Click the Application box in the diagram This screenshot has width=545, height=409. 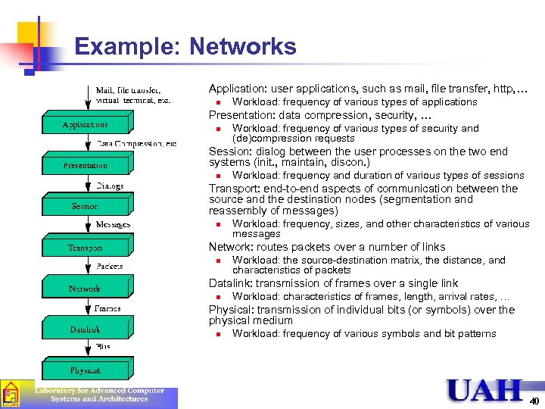(86, 124)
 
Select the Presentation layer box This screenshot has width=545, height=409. (86, 165)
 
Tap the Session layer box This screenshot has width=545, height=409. (86, 206)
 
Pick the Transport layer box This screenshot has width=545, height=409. (86, 247)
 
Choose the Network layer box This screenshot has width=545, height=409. (86, 289)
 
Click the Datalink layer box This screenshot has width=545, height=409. (86, 329)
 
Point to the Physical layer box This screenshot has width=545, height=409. (86, 370)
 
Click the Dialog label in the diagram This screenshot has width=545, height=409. (111, 185)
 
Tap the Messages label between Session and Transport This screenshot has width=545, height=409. (113, 225)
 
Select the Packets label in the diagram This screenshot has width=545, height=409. (110, 266)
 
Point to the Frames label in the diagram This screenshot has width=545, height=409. (108, 308)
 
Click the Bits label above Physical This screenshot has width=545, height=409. (103, 347)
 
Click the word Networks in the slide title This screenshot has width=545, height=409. (242, 47)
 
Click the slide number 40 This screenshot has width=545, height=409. (534, 401)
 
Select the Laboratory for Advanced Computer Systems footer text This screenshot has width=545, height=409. (100, 395)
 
